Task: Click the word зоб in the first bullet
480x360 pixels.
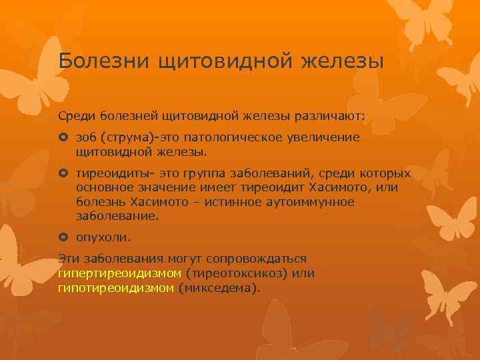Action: [x=86, y=137]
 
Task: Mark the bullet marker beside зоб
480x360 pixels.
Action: [x=63, y=138]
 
